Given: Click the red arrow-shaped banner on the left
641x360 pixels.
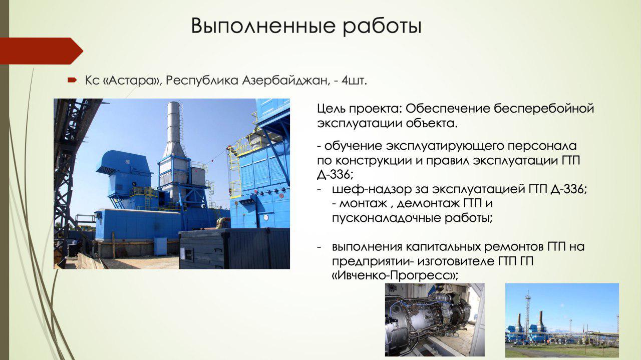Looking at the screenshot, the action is (x=42, y=51).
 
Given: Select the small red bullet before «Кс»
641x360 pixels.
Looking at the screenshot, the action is (x=72, y=80).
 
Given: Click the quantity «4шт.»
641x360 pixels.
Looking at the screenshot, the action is (x=354, y=81).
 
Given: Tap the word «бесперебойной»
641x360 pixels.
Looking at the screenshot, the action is (x=544, y=109).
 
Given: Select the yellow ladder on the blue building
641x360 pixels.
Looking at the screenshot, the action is (x=234, y=172).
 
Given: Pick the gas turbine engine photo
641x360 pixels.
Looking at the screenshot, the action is (x=435, y=319).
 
